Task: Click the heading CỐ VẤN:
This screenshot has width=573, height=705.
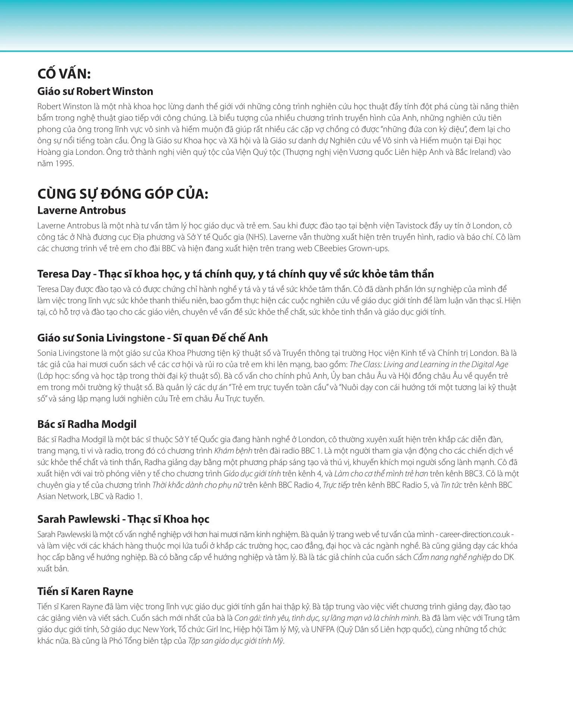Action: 64,74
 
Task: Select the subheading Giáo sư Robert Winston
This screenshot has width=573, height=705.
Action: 95,91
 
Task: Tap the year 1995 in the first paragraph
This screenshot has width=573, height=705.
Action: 64,164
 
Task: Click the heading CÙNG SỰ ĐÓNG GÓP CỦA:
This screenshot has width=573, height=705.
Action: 123,194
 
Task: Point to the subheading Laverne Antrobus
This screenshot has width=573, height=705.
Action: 81,210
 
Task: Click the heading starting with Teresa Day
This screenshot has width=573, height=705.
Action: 235,274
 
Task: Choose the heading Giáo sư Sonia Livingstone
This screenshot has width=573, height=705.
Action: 153,338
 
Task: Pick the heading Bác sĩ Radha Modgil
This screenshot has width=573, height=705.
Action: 87,424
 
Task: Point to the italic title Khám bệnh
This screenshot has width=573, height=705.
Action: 233,451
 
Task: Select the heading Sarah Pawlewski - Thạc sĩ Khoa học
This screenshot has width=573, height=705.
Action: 123,519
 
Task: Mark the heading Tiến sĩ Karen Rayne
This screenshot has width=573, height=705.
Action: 85,592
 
